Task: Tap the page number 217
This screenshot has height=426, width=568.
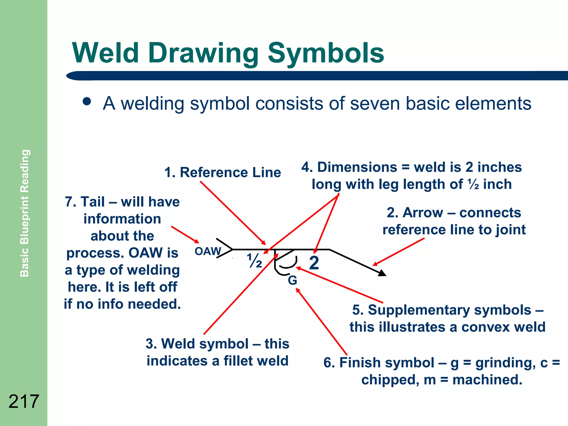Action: [x=24, y=401]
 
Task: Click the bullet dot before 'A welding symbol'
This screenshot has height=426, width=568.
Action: [x=87, y=102]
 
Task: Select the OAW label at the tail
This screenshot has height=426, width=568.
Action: [x=208, y=252]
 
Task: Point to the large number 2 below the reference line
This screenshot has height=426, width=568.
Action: [x=314, y=263]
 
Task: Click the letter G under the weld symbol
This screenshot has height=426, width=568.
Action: [x=292, y=280]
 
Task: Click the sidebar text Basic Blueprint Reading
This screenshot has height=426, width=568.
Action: [x=24, y=213]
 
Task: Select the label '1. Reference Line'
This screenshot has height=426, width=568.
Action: [x=222, y=173]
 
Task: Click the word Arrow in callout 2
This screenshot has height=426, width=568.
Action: [x=423, y=213]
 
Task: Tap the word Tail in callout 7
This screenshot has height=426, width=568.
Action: [x=93, y=202]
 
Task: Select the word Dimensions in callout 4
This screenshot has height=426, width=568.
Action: [x=357, y=167]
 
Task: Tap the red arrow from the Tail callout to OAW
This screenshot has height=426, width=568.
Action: [x=185, y=235]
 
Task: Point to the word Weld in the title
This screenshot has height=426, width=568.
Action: [x=105, y=53]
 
